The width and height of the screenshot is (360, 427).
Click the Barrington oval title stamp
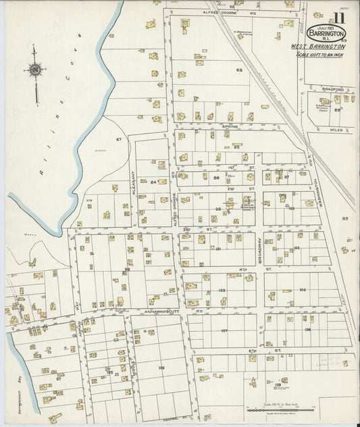coord(326,33)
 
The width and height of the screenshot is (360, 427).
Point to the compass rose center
coord(34,69)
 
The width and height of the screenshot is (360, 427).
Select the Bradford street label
coord(333,89)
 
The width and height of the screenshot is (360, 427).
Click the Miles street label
coord(336,129)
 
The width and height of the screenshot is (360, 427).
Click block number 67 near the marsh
coord(119,139)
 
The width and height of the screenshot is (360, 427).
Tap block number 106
coord(161,368)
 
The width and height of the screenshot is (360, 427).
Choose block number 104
coord(302,289)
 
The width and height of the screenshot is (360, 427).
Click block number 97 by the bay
coord(59,378)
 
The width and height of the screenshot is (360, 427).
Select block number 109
coord(278,385)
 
